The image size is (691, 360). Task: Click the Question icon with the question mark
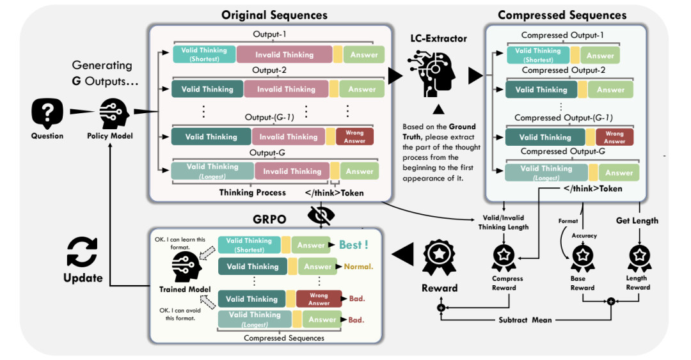pos(47,114)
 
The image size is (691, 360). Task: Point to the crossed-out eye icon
pos(322,216)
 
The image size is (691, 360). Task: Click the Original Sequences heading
pos(274,15)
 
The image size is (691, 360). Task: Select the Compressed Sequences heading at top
pos(562,15)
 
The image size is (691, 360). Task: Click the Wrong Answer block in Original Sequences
pos(354,137)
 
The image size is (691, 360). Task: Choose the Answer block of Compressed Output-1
pos(600,56)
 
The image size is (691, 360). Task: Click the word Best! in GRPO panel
pos(353,244)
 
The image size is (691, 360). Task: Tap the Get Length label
pos(637,221)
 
